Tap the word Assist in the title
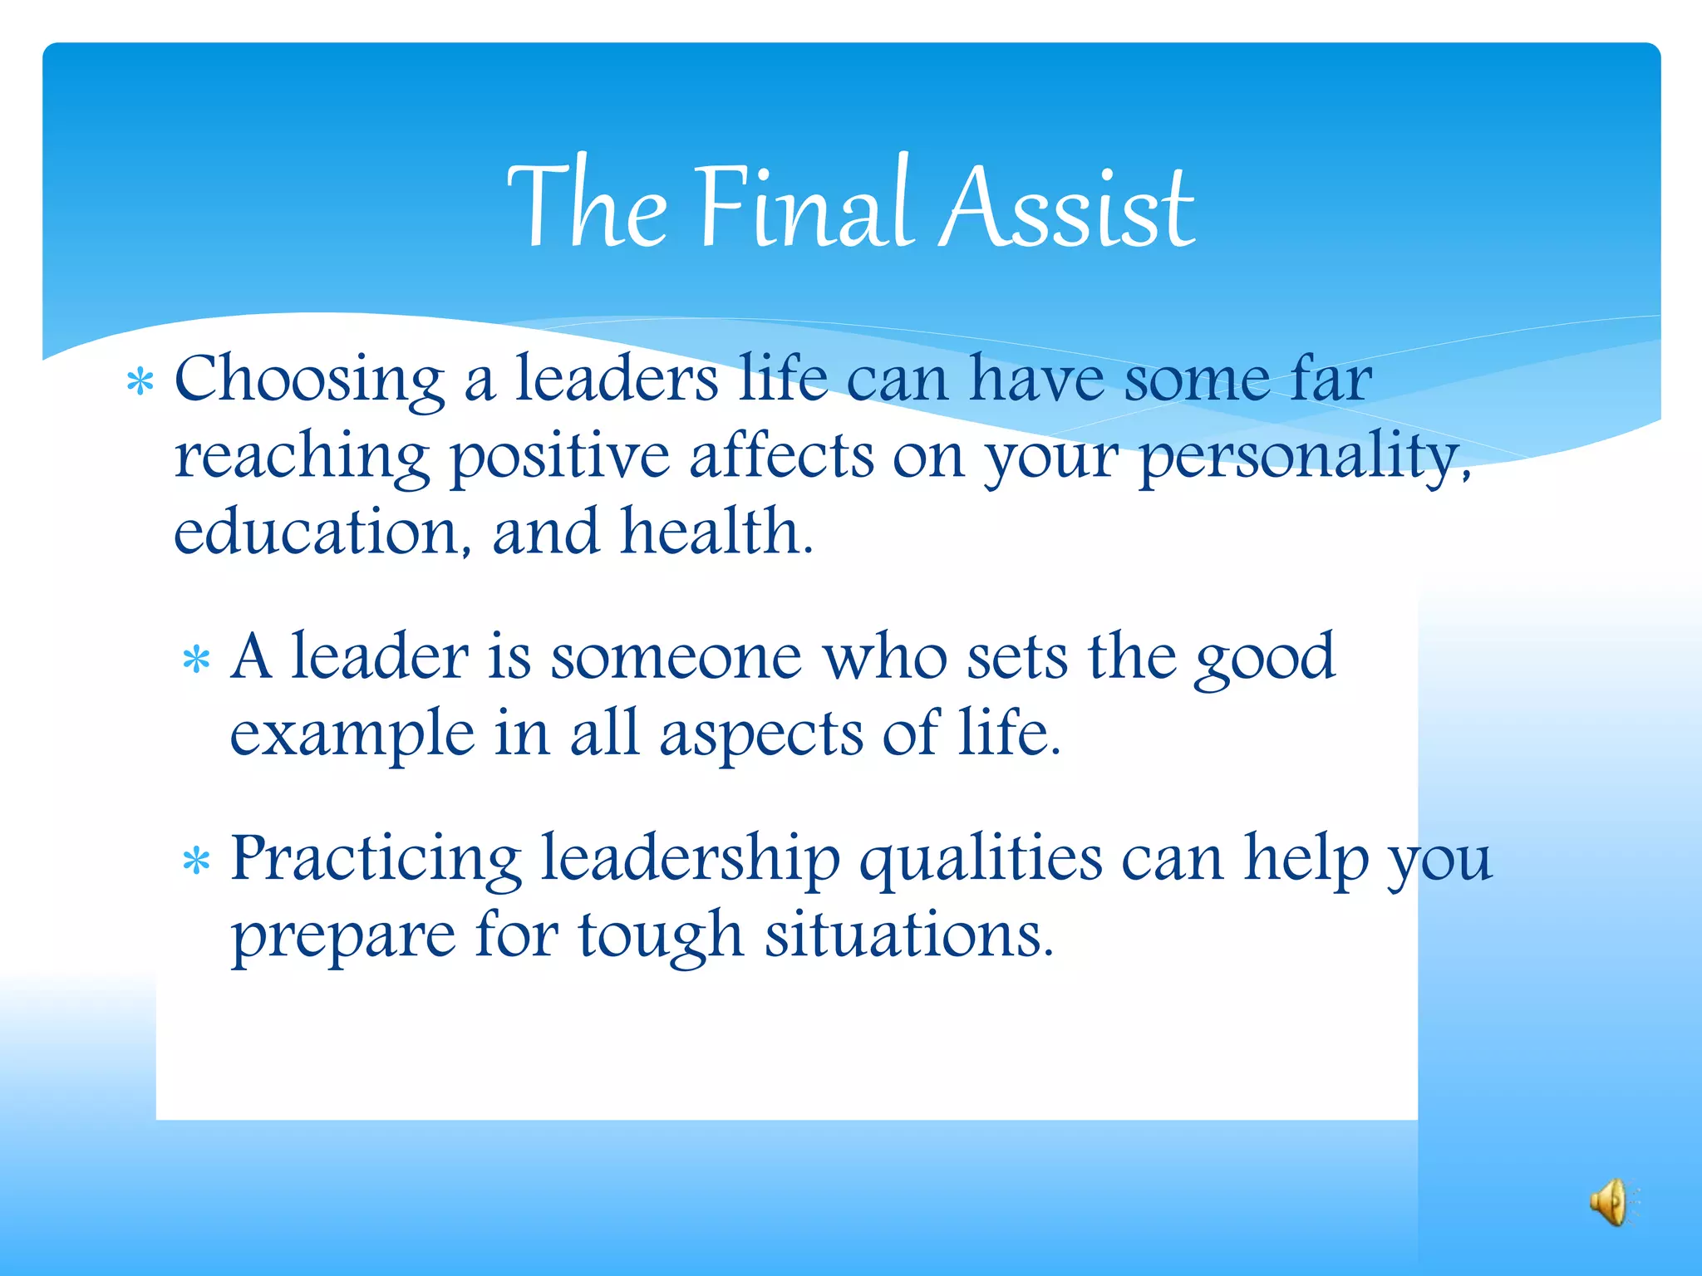click(x=1067, y=206)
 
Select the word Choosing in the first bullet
click(x=309, y=380)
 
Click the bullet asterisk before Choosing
click(x=140, y=383)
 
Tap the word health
click(x=716, y=532)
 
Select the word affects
click(x=781, y=456)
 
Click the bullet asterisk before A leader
click(x=196, y=661)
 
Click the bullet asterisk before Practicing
click(x=196, y=862)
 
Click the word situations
click(x=909, y=935)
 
